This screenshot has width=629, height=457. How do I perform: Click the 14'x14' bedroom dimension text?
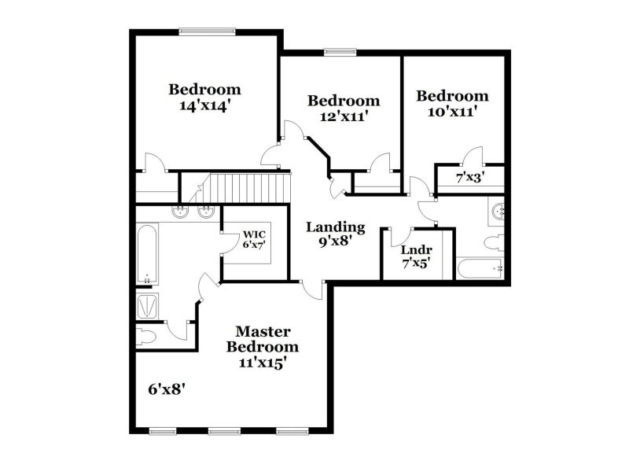pyautogui.click(x=204, y=106)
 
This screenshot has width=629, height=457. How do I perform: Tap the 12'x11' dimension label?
pyautogui.click(x=343, y=116)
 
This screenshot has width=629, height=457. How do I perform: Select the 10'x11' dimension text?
pyautogui.click(x=451, y=112)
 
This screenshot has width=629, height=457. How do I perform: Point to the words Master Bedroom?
pyautogui.click(x=263, y=339)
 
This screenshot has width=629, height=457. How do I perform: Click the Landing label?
pyautogui.click(x=335, y=227)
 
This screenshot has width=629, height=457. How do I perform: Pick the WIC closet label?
pyautogui.click(x=253, y=234)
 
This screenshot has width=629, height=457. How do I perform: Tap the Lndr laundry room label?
pyautogui.click(x=416, y=251)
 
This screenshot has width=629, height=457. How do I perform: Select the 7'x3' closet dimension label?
pyautogui.click(x=469, y=179)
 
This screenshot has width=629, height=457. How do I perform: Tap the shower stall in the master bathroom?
pyautogui.click(x=147, y=306)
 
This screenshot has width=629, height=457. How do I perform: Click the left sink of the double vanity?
pyautogui.click(x=179, y=211)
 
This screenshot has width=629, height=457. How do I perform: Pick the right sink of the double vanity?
pyautogui.click(x=207, y=211)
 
